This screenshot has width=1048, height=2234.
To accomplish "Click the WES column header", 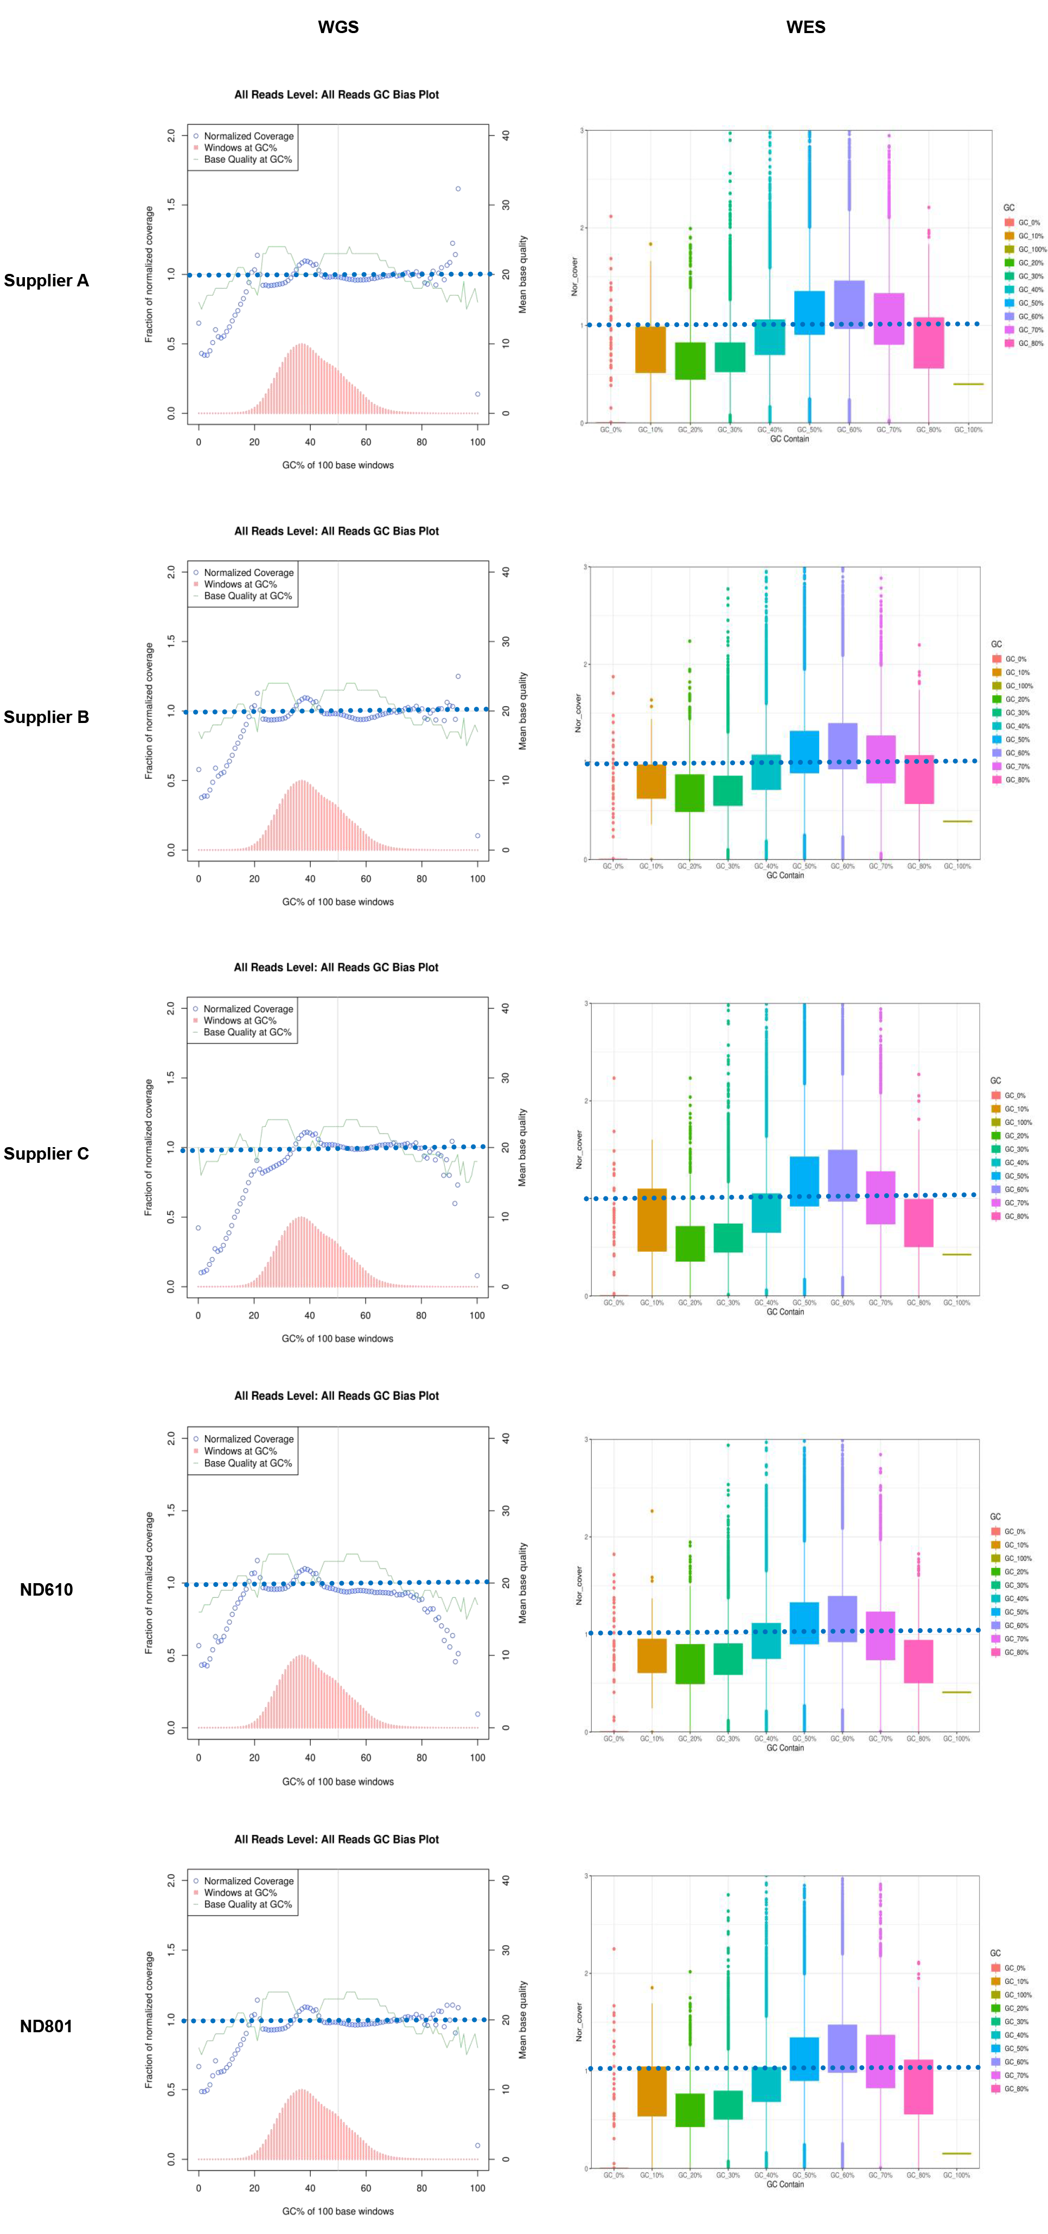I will pyautogui.click(x=805, y=27).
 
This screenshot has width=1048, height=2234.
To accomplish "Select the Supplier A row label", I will pyautogui.click(x=46, y=280).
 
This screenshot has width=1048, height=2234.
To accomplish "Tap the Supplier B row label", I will pyautogui.click(x=46, y=717).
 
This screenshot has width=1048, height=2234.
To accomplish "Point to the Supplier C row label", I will pyautogui.click(x=46, y=1154).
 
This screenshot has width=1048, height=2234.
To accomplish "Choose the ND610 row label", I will pyautogui.click(x=46, y=1590).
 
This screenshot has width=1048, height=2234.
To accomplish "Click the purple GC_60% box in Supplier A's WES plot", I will pyautogui.click(x=848, y=304).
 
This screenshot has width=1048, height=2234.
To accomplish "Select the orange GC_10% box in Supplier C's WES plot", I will pyautogui.click(x=651, y=1219).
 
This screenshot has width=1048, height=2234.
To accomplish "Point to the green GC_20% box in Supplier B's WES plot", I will pyautogui.click(x=689, y=792).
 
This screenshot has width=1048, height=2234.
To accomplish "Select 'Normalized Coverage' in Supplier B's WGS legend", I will pyautogui.click(x=248, y=572).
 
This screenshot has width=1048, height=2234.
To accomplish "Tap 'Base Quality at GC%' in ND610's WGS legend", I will pyautogui.click(x=248, y=1463).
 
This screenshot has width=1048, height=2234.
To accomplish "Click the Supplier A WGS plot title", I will pyautogui.click(x=337, y=94).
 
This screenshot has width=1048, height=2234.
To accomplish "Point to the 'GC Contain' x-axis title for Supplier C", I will pyautogui.click(x=785, y=1312).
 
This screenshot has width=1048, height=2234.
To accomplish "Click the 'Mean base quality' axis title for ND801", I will pyautogui.click(x=522, y=2021).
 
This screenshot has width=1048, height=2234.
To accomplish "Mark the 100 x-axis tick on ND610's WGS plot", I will pyautogui.click(x=477, y=1758).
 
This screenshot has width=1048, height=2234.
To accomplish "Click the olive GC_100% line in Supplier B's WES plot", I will pyautogui.click(x=957, y=821).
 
